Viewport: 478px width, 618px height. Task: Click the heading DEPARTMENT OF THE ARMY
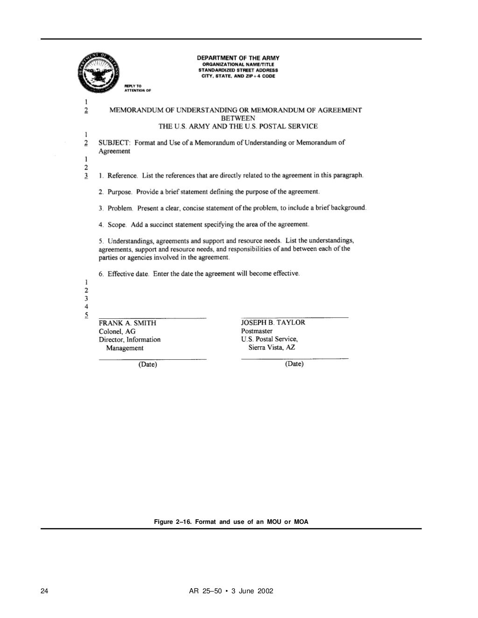click(x=238, y=58)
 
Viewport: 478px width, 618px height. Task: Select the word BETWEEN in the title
click(x=238, y=118)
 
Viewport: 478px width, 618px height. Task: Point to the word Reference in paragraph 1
click(x=122, y=176)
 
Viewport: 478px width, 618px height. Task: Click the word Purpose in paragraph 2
click(x=120, y=192)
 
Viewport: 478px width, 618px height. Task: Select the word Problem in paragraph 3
click(x=120, y=208)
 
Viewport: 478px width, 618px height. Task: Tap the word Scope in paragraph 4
click(x=117, y=225)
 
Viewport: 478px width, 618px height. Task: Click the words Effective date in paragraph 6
click(x=128, y=274)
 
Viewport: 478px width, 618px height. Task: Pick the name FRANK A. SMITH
click(x=127, y=323)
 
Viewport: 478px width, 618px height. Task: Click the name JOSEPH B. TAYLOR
click(x=273, y=323)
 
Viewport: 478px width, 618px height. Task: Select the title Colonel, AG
click(x=117, y=331)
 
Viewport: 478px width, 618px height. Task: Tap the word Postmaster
click(x=257, y=331)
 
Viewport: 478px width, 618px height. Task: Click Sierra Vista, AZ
click(x=272, y=347)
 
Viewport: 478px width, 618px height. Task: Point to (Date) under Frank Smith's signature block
click(x=148, y=364)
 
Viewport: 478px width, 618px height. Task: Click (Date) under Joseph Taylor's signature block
click(x=294, y=364)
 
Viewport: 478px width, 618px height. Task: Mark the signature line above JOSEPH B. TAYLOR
click(x=295, y=317)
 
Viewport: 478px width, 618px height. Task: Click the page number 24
click(x=44, y=591)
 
